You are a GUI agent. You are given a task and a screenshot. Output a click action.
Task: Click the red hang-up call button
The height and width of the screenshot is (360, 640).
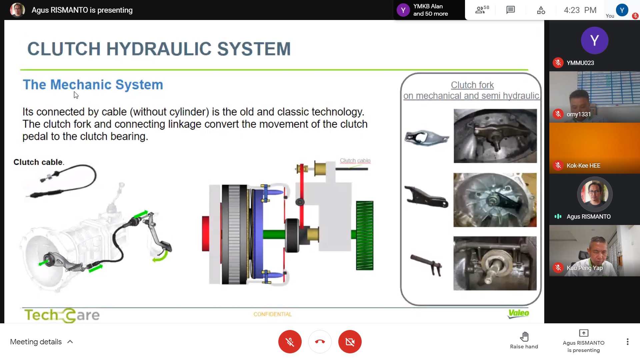(x=320, y=342)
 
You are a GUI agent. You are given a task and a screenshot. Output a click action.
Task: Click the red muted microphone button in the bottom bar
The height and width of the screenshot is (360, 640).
(x=290, y=342)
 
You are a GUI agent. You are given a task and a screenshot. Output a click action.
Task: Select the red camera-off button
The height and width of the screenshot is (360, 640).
(x=350, y=342)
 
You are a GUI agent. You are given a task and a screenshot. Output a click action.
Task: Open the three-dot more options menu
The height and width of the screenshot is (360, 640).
(x=627, y=342)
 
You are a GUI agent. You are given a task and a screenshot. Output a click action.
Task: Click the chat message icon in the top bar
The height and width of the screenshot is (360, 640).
(x=510, y=10)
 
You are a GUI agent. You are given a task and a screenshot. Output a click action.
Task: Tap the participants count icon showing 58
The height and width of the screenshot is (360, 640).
(x=482, y=10)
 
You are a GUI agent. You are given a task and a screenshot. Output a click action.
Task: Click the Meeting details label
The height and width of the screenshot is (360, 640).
(x=36, y=342)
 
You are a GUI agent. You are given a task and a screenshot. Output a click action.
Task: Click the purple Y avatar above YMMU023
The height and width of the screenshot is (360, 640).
(x=594, y=40)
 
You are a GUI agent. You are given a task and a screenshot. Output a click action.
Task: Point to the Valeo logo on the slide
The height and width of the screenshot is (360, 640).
(x=518, y=313)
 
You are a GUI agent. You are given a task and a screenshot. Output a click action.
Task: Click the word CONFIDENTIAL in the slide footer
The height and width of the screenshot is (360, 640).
(x=272, y=314)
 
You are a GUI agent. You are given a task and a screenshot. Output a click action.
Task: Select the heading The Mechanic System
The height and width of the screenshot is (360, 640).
(x=93, y=85)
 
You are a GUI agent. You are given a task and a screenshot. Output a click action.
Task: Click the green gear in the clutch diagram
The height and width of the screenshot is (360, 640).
(x=364, y=235)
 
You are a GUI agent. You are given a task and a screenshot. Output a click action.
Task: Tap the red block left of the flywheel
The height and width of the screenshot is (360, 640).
(x=206, y=233)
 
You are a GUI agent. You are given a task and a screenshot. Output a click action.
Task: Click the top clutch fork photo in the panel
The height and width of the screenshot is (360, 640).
(x=495, y=136)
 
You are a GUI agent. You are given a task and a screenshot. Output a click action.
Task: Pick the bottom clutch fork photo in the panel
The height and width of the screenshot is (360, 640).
(x=495, y=263)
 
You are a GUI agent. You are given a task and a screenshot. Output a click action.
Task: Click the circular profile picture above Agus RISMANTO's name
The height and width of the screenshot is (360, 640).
(x=594, y=194)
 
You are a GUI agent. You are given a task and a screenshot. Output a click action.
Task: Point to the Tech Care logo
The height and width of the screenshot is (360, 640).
(x=62, y=315)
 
